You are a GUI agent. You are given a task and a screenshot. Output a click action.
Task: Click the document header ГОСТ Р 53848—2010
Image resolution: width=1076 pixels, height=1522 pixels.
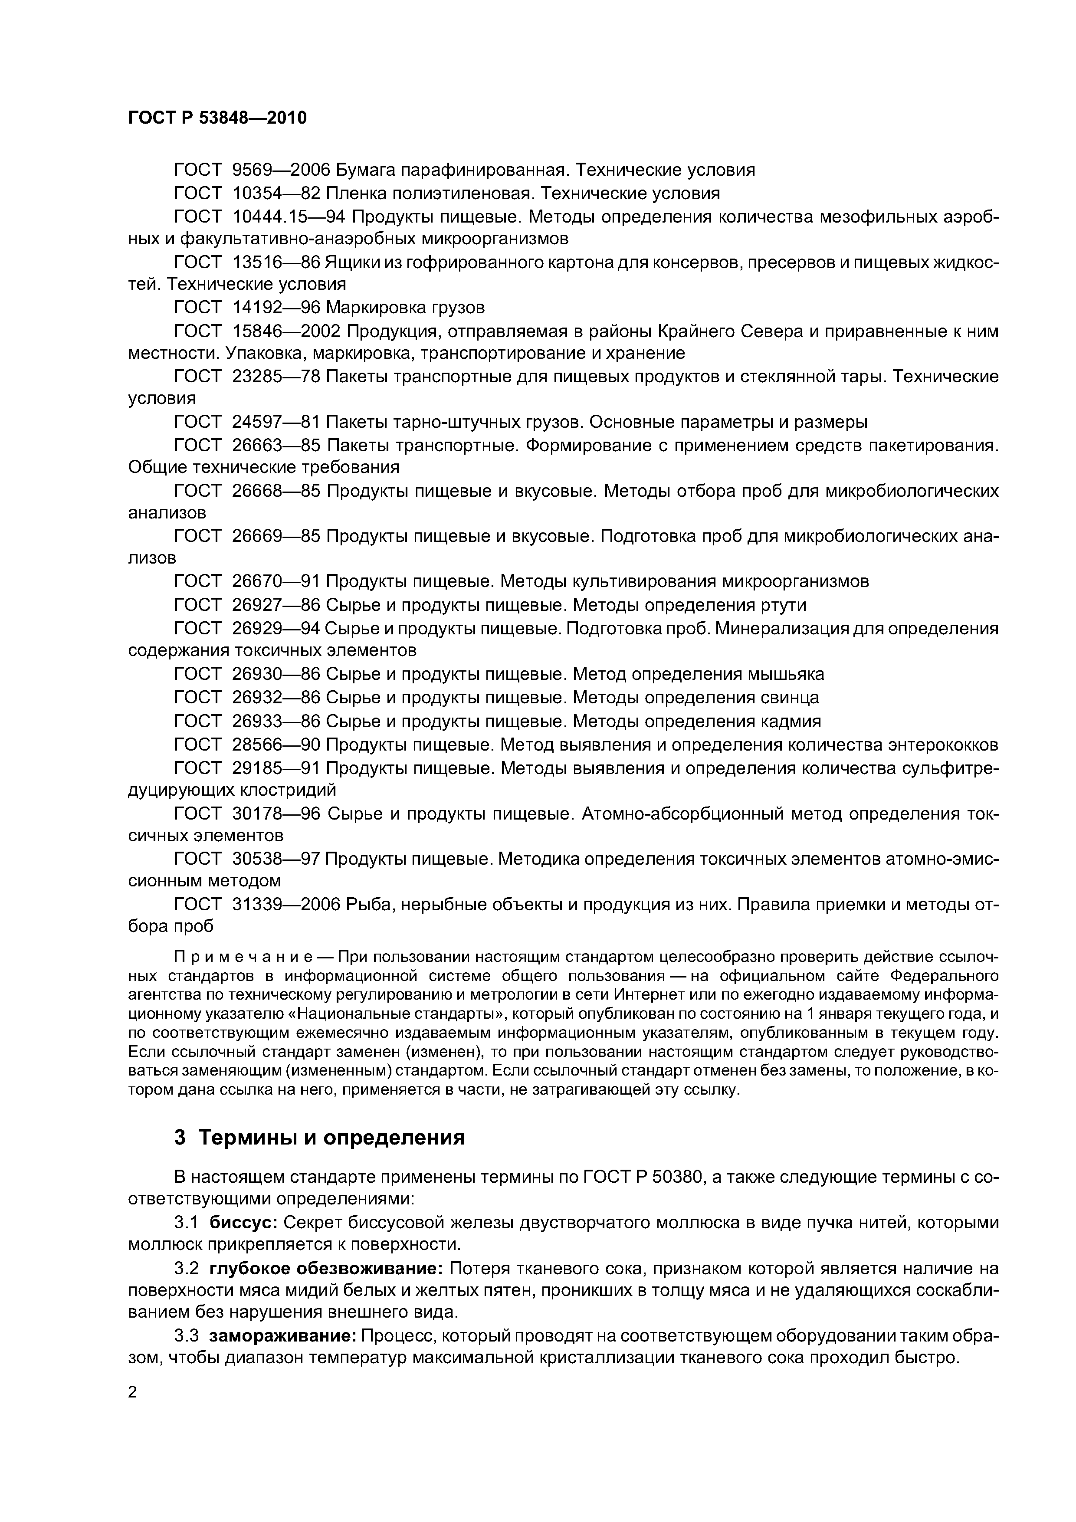tap(217, 118)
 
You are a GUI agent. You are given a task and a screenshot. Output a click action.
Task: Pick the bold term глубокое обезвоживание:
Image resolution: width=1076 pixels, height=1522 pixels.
tap(326, 1269)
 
